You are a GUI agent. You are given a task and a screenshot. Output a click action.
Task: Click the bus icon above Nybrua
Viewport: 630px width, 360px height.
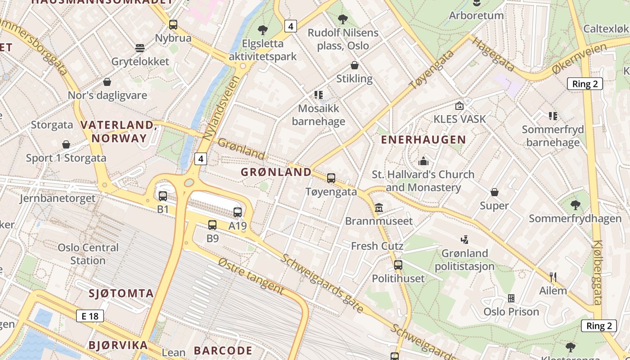[x=173, y=25]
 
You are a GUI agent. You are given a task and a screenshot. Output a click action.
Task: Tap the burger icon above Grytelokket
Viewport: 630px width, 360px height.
[x=140, y=48]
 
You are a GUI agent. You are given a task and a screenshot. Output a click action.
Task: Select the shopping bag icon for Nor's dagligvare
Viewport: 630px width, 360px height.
[x=107, y=82]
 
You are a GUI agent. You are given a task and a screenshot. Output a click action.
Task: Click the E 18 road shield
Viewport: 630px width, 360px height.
[x=90, y=316]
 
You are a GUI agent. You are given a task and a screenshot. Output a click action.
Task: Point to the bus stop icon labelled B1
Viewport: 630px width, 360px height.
[x=163, y=196]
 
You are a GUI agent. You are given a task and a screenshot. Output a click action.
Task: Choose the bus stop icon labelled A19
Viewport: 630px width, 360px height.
[x=238, y=212]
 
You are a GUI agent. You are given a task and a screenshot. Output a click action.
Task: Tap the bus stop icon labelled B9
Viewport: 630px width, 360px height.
[x=212, y=225]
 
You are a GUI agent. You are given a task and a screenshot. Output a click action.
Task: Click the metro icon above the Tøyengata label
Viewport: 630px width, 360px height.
[x=331, y=178]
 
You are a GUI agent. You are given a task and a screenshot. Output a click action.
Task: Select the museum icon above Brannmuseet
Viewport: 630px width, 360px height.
[x=379, y=208]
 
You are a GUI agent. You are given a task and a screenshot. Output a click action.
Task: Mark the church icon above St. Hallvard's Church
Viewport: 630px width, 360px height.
[x=423, y=161]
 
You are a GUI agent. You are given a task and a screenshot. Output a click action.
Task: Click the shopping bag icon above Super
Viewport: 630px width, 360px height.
[x=495, y=193]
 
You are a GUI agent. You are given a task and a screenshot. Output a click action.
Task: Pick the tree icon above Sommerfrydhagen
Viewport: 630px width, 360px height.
[x=575, y=206]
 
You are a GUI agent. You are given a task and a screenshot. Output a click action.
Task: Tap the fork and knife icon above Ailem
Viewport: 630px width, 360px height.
[x=553, y=277]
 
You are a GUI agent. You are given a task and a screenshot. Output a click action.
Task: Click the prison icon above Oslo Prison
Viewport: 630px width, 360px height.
[x=511, y=298]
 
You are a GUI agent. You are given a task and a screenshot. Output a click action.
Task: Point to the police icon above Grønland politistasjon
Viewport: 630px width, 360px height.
[x=464, y=240]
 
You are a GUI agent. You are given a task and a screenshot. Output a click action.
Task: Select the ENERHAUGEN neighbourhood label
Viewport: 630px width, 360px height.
[x=423, y=139]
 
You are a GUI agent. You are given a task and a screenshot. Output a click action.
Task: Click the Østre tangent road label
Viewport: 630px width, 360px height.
[x=251, y=276]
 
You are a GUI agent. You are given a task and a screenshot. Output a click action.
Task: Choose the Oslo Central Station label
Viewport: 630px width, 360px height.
[x=88, y=254]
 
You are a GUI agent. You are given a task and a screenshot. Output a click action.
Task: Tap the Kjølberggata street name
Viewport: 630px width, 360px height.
[x=598, y=272]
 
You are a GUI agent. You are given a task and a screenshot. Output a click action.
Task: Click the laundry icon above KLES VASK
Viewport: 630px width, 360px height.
[x=459, y=106]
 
